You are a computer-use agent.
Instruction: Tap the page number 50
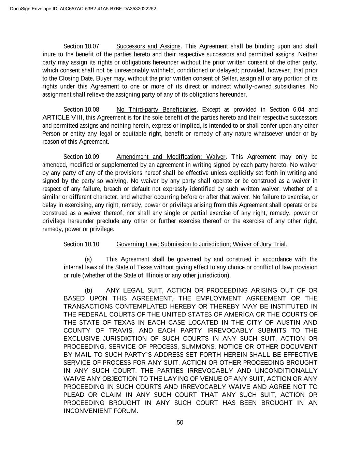[x=180, y=423]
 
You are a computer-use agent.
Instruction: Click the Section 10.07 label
[x=81, y=46]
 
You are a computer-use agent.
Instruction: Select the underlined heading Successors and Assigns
[x=148, y=46]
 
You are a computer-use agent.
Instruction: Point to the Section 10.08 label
[x=81, y=110]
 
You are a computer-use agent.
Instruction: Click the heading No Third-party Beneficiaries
[x=156, y=110]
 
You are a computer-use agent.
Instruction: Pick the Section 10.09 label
[x=81, y=157]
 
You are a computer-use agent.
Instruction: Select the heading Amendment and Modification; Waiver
[x=171, y=157]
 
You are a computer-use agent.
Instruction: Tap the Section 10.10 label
[x=81, y=244]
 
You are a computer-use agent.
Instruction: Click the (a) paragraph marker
[x=88, y=259]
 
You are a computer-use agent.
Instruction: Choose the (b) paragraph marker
[x=88, y=291]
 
